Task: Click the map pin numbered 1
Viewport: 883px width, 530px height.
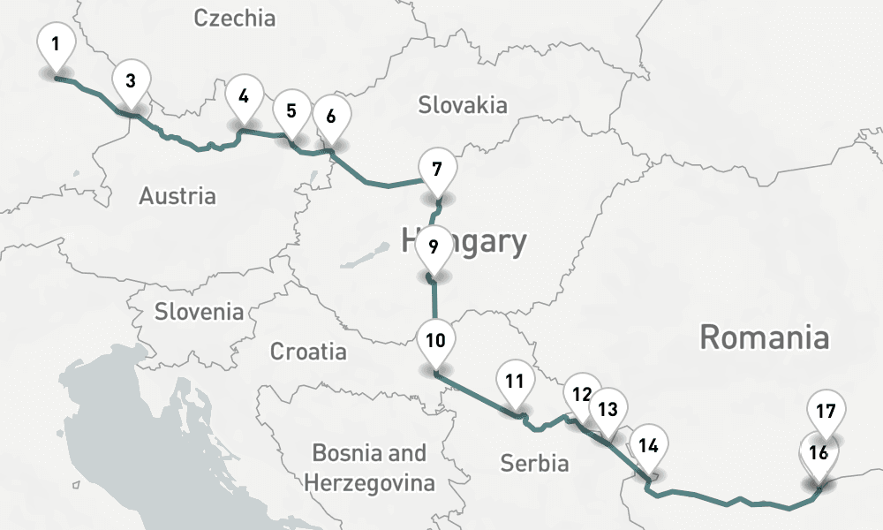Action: point(57,44)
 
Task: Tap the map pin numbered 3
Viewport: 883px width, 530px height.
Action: point(131,82)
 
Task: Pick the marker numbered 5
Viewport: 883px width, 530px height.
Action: point(291,112)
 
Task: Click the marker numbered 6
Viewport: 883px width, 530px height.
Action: point(331,117)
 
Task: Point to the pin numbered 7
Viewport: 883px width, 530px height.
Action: point(436,168)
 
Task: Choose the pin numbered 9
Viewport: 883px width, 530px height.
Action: point(433,247)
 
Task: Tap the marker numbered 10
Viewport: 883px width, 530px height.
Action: point(435,340)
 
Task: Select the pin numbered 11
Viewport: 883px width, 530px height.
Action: point(516,382)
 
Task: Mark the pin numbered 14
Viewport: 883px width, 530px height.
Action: point(649,445)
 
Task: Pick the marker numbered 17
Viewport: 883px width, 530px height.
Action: point(826,411)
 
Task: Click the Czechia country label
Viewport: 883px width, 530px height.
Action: point(235,18)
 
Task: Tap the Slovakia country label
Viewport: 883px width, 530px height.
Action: point(463,106)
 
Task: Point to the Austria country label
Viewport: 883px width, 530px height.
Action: point(177,196)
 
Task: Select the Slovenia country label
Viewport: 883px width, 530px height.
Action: point(199,311)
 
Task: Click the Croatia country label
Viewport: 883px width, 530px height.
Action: point(308,352)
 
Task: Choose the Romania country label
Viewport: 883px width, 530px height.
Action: point(765,337)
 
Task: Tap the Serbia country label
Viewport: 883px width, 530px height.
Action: point(534,463)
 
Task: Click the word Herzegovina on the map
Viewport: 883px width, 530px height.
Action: point(369,483)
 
